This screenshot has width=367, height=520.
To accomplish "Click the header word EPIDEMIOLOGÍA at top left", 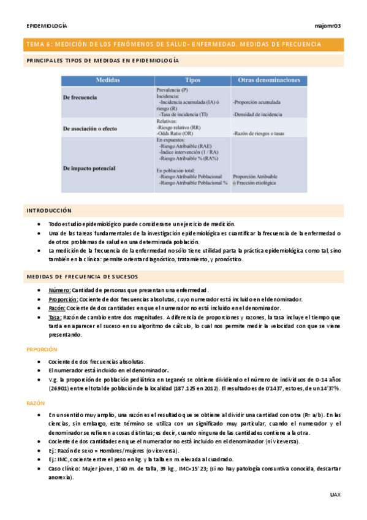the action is (x=47, y=26).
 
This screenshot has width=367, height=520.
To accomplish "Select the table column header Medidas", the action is (x=107, y=80).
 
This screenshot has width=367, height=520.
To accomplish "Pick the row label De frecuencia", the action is (x=80, y=97).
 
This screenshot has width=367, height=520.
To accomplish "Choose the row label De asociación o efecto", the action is (x=89, y=129).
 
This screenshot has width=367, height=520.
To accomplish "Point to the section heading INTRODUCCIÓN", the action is (x=48, y=210).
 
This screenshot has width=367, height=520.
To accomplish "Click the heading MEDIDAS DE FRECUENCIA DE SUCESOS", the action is (x=81, y=277).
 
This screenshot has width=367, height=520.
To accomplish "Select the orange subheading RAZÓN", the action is (x=36, y=403).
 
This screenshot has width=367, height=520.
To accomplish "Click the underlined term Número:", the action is (x=59, y=289).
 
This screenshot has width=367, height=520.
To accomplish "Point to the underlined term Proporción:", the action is (x=64, y=299).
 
